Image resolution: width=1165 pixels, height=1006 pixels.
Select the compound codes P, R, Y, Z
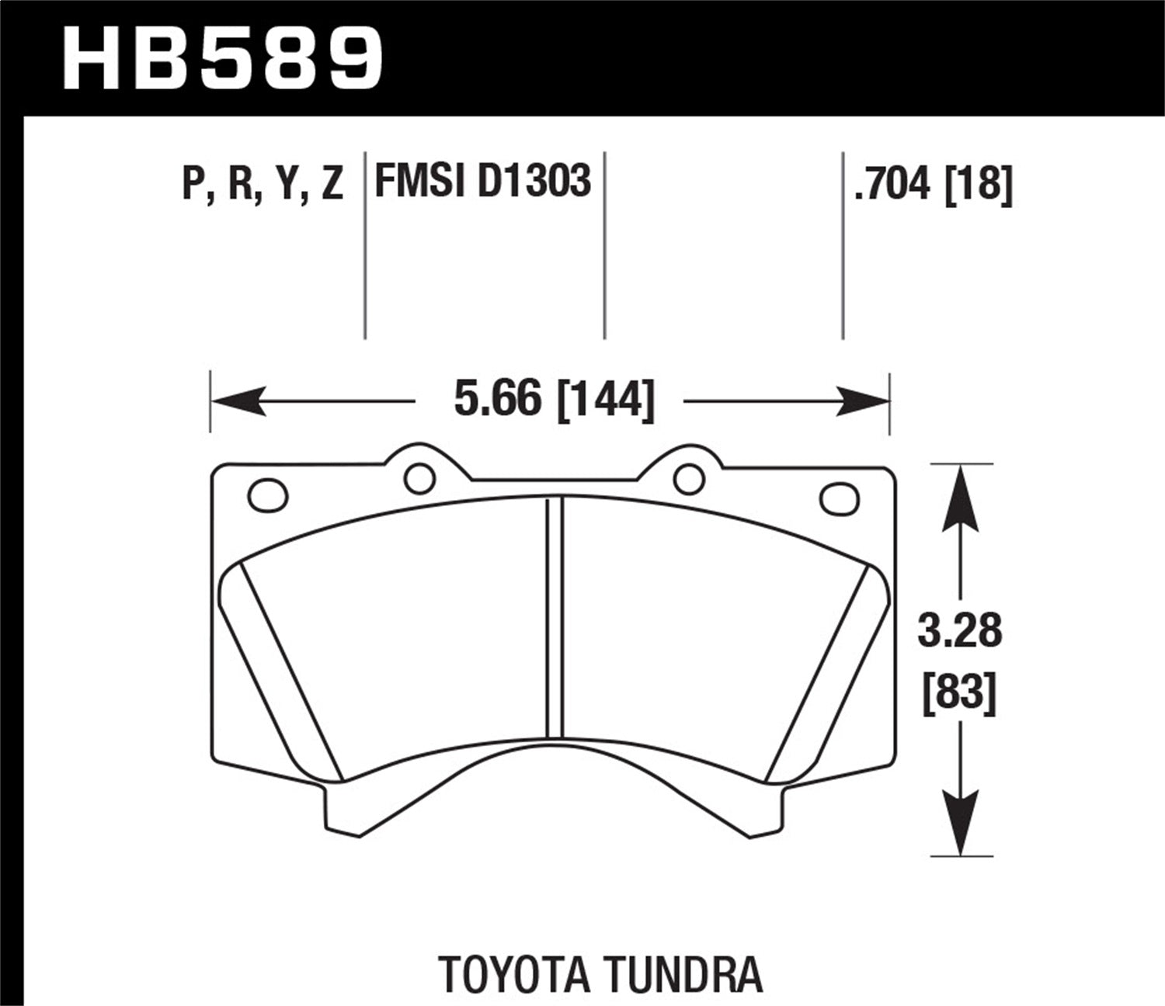click(263, 183)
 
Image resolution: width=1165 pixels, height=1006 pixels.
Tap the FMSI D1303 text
click(483, 180)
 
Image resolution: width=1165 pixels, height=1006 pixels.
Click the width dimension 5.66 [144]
click(554, 401)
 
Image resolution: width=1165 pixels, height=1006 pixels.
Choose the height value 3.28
click(960, 631)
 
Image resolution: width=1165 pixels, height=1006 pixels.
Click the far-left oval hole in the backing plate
click(267, 494)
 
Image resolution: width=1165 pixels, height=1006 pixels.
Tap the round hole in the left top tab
click(419, 478)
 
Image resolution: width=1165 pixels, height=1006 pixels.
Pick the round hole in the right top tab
click(689, 478)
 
